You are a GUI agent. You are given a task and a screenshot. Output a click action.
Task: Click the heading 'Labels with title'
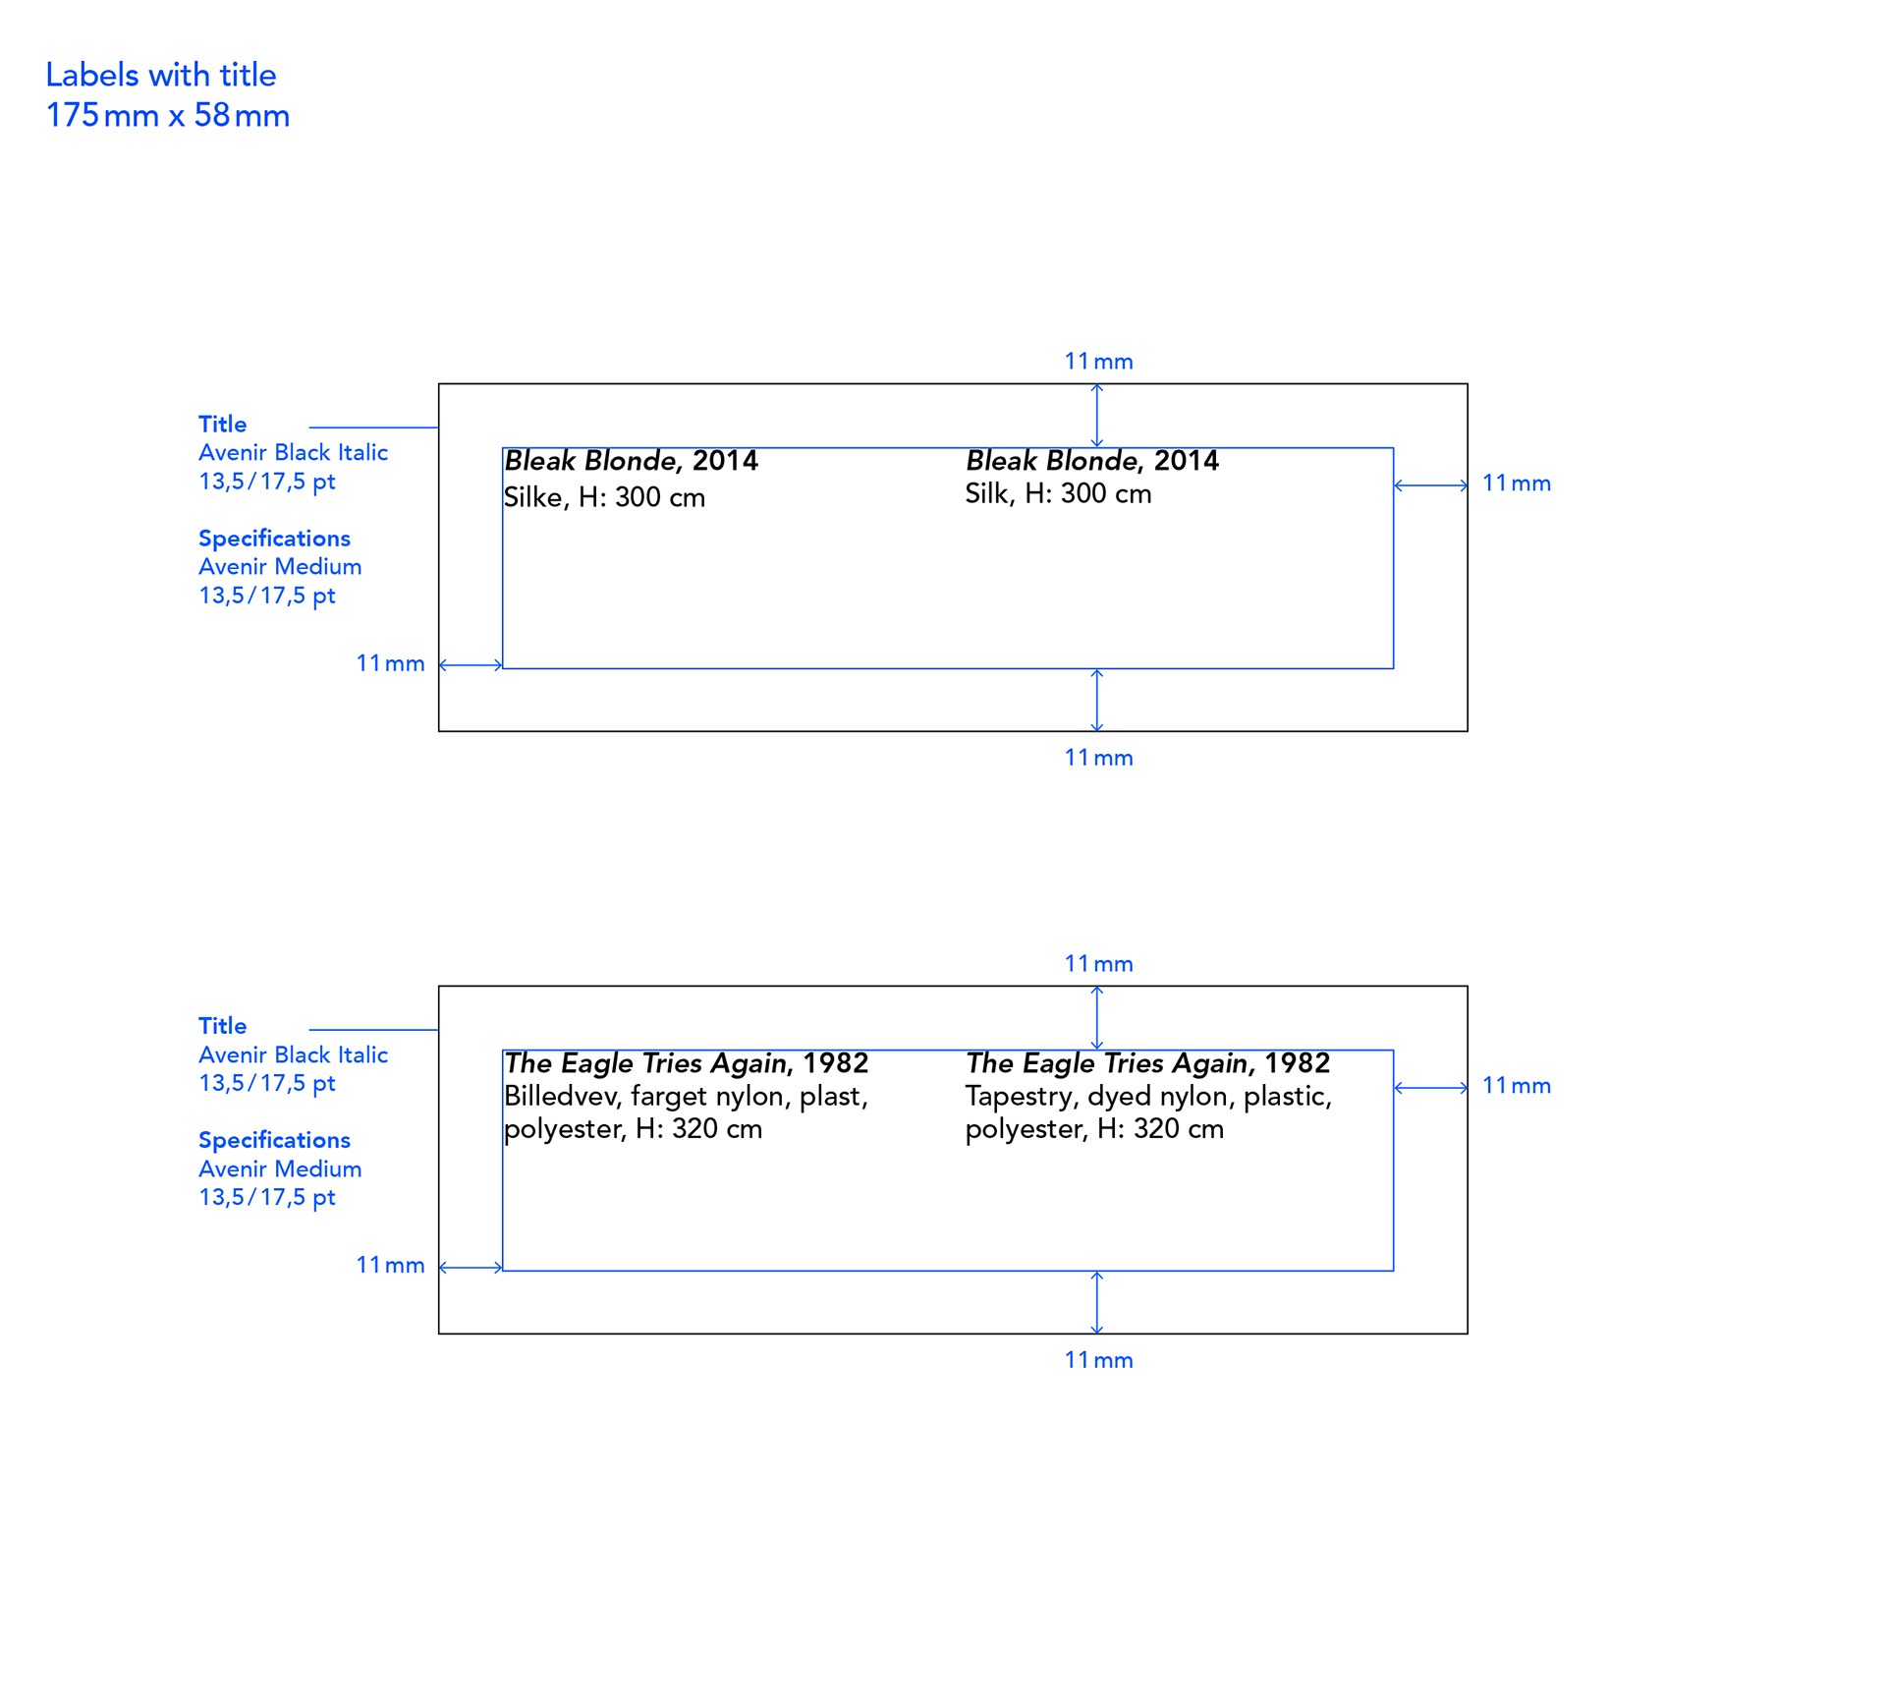pos(161,75)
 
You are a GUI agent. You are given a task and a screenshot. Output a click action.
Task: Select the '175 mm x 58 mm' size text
pos(168,115)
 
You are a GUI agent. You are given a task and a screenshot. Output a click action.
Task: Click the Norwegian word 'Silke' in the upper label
pos(533,497)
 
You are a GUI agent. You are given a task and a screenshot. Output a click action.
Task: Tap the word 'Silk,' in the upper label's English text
pos(990,493)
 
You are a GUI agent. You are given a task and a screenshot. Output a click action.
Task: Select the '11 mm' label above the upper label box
pos(1098,362)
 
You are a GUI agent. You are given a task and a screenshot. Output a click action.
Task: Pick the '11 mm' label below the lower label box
pos(1098,1360)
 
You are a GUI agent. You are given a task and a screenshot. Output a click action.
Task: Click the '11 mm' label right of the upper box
pos(1516,484)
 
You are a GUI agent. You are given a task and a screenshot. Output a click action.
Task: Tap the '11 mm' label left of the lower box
pos(390,1266)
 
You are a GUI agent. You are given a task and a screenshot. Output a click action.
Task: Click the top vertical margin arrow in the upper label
pos(1097,416)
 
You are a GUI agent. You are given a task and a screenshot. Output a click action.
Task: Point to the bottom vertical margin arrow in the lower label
pos(1097,1302)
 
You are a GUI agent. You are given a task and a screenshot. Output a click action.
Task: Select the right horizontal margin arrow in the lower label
pos(1430,1087)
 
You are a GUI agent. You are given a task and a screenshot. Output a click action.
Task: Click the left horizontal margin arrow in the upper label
pos(471,665)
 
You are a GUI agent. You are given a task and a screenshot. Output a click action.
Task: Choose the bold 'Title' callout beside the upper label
pos(223,425)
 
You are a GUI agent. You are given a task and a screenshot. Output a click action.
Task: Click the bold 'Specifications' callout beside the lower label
pos(274,1141)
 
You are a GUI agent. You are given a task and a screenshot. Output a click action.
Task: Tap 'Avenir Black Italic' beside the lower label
pos(293,1055)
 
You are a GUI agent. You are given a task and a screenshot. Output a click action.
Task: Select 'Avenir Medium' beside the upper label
pos(280,567)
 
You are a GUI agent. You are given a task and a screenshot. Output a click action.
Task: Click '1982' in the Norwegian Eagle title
pos(836,1063)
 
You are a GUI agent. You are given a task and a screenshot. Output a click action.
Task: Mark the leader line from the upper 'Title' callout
pos(374,427)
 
